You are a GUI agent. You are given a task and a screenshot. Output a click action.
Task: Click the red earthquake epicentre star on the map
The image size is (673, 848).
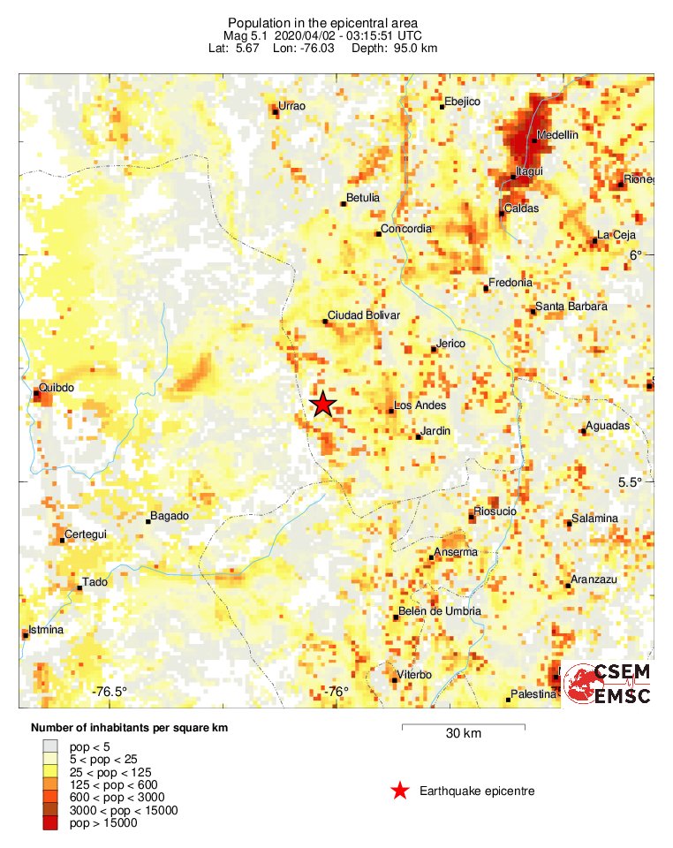pyautogui.click(x=323, y=405)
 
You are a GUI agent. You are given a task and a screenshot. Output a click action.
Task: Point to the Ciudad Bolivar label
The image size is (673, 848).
pyautogui.click(x=364, y=315)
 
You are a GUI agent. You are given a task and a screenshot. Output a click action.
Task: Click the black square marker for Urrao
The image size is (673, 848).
pyautogui.click(x=275, y=110)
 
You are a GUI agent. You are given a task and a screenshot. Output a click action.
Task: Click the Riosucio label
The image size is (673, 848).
pyautogui.click(x=495, y=511)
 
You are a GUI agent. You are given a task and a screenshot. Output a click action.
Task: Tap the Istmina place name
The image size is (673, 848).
pyautogui.click(x=47, y=630)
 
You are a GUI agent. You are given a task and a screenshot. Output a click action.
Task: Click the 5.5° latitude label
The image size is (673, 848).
pyautogui.click(x=630, y=482)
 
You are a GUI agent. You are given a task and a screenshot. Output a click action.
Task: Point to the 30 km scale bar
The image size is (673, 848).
pyautogui.click(x=464, y=726)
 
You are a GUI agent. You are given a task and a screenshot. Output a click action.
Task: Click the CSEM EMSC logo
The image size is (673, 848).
pyautogui.click(x=607, y=685)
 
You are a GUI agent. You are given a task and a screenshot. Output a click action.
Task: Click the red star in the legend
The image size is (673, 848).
pyautogui.click(x=400, y=791)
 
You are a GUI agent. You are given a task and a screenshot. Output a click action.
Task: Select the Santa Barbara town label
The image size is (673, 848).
pyautogui.click(x=571, y=307)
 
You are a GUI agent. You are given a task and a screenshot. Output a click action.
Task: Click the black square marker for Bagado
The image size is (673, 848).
pyautogui.click(x=148, y=521)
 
